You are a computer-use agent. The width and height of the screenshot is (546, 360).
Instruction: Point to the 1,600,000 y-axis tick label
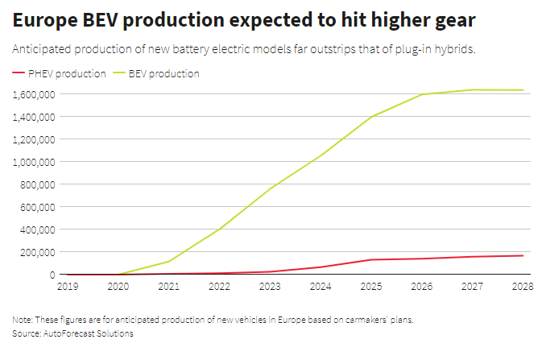[33, 94]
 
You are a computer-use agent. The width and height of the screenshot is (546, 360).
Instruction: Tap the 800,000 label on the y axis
[37, 184]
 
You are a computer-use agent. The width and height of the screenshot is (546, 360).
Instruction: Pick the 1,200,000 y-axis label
[33, 139]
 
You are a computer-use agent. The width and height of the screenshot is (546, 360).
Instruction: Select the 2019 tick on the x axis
[68, 285]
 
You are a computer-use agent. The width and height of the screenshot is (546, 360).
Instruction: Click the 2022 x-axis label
[220, 285]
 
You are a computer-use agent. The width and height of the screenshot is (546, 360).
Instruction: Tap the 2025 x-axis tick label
[371, 285]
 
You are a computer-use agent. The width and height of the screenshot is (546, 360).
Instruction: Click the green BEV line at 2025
[371, 117]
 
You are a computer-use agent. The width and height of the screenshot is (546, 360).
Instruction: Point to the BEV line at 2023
[271, 188]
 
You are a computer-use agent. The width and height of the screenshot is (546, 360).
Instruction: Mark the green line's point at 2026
[422, 95]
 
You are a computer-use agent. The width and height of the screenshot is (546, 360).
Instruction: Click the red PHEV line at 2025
[371, 259]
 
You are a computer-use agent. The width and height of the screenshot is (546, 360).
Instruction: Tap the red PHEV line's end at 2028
[522, 256]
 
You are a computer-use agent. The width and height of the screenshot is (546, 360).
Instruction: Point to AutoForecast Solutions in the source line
[90, 333]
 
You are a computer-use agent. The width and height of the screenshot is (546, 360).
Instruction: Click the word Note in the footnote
[22, 320]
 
